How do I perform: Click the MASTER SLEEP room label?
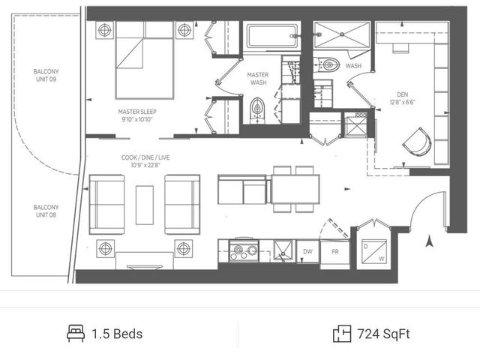[x=137, y=112]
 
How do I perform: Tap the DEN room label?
[x=402, y=94]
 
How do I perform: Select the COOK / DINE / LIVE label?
[x=145, y=157]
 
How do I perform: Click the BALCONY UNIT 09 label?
[x=46, y=75]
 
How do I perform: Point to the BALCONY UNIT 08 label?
[x=46, y=211]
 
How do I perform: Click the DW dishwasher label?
[x=307, y=252]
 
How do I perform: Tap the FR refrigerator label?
[x=335, y=252]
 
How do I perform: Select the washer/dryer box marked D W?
[x=373, y=252]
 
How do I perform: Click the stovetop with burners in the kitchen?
[x=244, y=250]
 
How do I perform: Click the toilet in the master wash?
[x=257, y=110]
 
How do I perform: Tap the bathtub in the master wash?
[x=271, y=36]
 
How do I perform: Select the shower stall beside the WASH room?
[x=342, y=34]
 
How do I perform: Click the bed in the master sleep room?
[x=145, y=60]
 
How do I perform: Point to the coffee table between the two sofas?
[x=145, y=205]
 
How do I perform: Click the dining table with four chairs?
[x=295, y=189]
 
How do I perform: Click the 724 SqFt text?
[x=383, y=334]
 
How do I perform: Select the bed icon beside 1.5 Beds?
[x=76, y=333]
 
